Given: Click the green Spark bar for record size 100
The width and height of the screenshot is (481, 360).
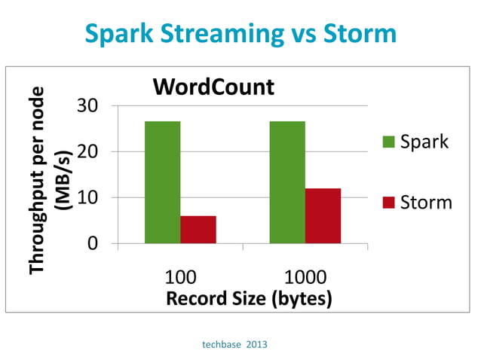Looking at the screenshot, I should (x=163, y=182).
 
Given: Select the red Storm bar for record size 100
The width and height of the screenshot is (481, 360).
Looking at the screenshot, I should (x=198, y=229).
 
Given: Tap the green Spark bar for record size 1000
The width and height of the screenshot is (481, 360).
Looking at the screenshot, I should (x=287, y=182).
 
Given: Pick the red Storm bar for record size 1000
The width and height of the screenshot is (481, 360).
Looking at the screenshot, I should (x=323, y=215).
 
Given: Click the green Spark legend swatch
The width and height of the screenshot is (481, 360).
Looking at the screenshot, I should (x=389, y=142).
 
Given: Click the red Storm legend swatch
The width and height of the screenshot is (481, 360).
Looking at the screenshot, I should (x=389, y=202).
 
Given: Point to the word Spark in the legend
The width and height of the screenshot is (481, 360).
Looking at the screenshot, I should (x=424, y=142).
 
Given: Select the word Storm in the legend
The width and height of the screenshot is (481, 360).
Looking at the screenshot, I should (x=427, y=202).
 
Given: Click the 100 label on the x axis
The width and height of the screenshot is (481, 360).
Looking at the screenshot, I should (x=180, y=276).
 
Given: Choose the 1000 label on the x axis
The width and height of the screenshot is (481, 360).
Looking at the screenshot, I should (x=305, y=276).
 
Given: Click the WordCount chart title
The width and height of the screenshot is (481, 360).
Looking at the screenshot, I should (x=213, y=87).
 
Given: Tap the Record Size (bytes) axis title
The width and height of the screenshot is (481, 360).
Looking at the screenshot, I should (x=249, y=298).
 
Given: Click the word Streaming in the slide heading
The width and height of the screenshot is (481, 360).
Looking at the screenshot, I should (x=233, y=35).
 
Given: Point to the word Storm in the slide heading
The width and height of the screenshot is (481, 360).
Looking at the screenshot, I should (x=360, y=35).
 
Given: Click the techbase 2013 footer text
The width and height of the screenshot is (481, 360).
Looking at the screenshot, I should (x=234, y=344).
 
